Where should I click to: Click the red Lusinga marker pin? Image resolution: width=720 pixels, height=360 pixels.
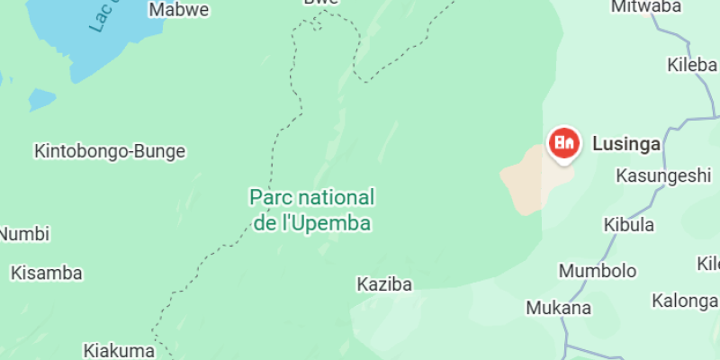coord(564,143)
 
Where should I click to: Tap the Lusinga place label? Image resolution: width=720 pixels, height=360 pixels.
coord(626,143)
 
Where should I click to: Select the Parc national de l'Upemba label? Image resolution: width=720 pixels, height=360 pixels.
coord(311,210)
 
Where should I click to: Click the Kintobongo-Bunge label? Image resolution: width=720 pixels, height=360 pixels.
coord(110,151)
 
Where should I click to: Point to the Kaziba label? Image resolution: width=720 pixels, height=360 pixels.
coord(384,284)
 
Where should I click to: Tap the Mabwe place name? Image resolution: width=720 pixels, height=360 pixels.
coord(179,10)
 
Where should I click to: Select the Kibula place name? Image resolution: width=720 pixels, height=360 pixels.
coord(629,225)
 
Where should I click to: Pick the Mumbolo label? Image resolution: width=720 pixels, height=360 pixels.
coord(598,271)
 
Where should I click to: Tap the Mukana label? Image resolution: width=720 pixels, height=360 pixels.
coord(559,308)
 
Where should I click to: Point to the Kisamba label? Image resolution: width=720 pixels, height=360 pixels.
coord(47,273)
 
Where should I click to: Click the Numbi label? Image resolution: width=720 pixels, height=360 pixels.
coord(24,234)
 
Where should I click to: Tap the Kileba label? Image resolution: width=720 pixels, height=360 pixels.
coord(692,65)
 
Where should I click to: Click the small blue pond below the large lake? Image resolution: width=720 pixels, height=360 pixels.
coord(41,99)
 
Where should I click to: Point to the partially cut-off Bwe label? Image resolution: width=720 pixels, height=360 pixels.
coord(321,3)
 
